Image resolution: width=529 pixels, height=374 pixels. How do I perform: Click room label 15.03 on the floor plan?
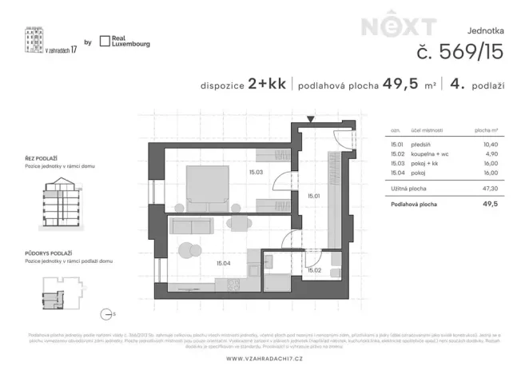tap(256, 170)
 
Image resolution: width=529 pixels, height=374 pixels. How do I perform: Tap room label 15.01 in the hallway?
tap(313, 194)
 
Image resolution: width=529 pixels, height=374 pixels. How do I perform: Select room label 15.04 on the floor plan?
tap(224, 262)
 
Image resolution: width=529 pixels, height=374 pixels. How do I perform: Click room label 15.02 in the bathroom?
tap(315, 270)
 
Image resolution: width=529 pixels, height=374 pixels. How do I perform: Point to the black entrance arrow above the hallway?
tap(312, 118)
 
